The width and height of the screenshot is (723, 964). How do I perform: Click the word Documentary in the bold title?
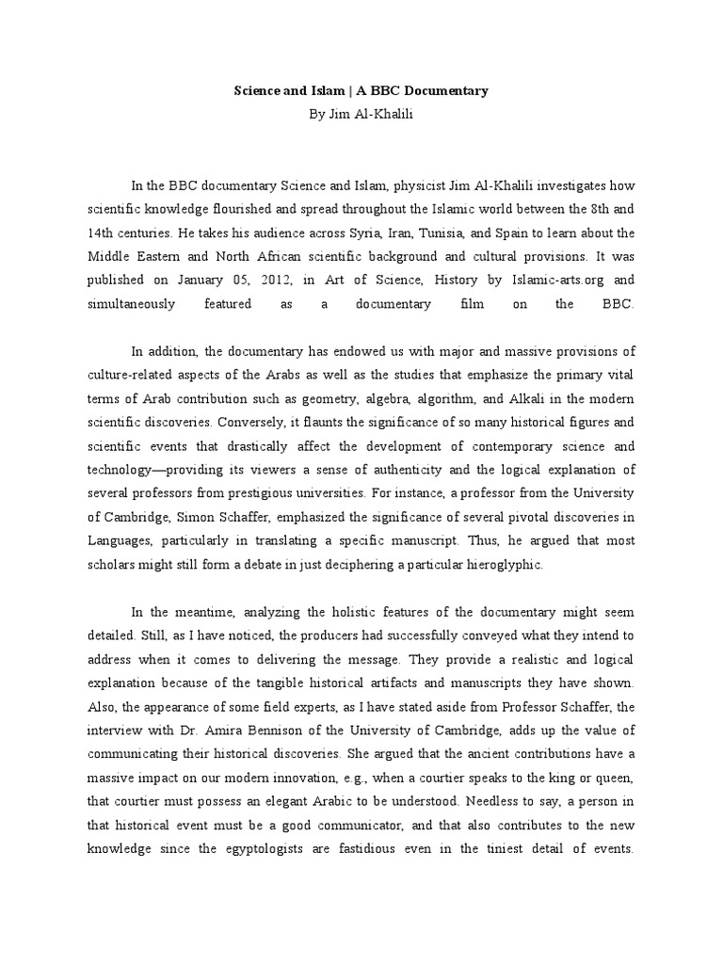[x=446, y=91]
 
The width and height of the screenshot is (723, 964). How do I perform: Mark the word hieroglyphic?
[x=510, y=565]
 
